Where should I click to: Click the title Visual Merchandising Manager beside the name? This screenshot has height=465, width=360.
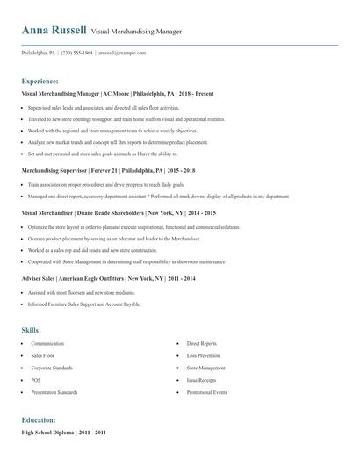click(136, 32)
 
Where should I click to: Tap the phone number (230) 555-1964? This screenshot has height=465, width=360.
click(76, 53)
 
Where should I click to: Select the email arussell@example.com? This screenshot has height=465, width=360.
click(122, 53)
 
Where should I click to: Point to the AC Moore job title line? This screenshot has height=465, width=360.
click(117, 93)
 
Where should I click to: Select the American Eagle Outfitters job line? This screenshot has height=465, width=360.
click(108, 278)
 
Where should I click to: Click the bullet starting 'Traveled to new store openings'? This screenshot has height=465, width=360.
click(127, 119)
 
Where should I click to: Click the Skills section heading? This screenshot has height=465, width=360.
click(30, 330)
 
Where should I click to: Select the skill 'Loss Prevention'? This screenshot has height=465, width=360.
click(205, 356)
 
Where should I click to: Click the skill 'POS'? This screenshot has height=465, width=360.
click(36, 380)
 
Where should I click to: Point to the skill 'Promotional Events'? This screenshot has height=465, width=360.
click(207, 392)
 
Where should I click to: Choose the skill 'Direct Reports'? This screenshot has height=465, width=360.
click(202, 344)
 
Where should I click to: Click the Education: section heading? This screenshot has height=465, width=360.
click(39, 420)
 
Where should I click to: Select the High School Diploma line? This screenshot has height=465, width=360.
click(63, 433)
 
